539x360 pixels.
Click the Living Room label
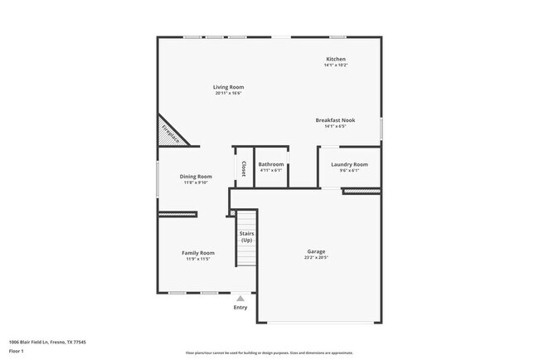[x=228, y=86]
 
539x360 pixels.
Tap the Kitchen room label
[x=335, y=59]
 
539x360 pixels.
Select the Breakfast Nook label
[x=335, y=120]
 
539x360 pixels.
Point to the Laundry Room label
[x=349, y=164]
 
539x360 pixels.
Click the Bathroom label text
[x=270, y=164]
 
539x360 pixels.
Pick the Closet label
[x=243, y=168]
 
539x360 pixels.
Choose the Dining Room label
[x=197, y=176]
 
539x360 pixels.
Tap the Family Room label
[x=198, y=253]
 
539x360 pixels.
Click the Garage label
[x=316, y=251]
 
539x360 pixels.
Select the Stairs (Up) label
[x=246, y=236]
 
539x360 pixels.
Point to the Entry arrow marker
[x=240, y=298]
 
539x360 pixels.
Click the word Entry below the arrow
[x=240, y=308]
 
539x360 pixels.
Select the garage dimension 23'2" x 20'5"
[x=316, y=258]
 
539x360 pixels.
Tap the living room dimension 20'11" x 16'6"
[x=228, y=93]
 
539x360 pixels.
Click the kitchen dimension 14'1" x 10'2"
[x=335, y=66]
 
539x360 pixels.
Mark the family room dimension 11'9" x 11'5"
[x=198, y=260]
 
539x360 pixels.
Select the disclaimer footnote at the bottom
[x=269, y=353]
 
